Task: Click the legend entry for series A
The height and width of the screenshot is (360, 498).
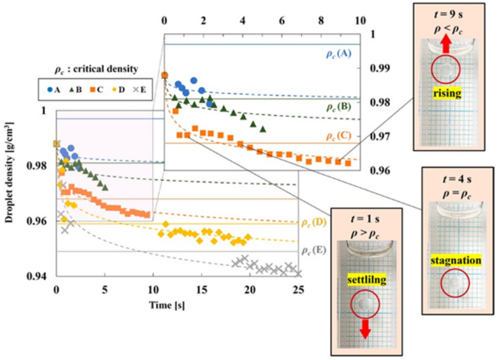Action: (53, 90)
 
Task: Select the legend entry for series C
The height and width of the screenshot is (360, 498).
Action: (97, 90)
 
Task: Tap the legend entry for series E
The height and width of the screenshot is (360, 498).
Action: (139, 90)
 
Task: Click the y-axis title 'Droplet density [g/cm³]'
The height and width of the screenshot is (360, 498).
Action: (9, 172)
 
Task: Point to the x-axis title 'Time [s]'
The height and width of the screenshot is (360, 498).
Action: (167, 305)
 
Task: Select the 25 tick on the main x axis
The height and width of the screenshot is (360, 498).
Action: (298, 290)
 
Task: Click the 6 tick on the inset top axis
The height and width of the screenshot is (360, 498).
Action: (282, 21)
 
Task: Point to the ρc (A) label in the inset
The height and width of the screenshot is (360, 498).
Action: (339, 53)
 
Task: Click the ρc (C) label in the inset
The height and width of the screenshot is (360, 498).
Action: (339, 135)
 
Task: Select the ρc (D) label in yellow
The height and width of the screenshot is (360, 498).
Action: (314, 222)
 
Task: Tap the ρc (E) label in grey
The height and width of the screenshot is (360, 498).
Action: (314, 250)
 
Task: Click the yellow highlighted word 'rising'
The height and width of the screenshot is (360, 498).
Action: (447, 93)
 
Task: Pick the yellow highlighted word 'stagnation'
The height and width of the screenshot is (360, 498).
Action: (456, 260)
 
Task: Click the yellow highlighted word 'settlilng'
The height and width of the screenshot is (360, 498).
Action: (367, 280)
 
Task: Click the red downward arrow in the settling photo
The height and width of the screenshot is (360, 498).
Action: (365, 330)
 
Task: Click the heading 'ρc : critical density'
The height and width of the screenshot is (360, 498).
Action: (97, 69)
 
